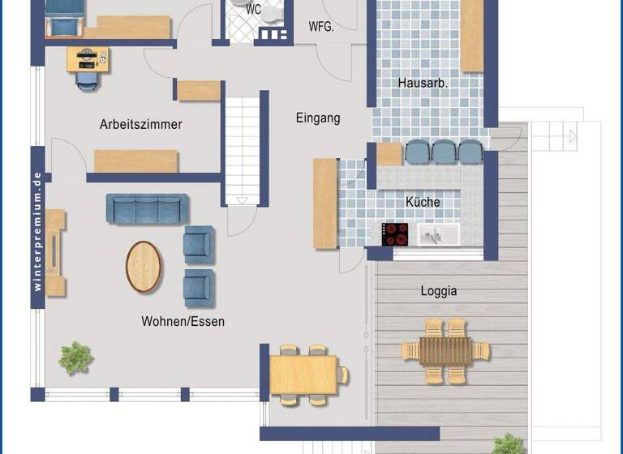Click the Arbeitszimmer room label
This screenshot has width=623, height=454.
click(140, 125)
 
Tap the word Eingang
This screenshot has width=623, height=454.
click(317, 118)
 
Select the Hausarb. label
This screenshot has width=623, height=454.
click(423, 83)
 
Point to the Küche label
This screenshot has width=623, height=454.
click(423, 202)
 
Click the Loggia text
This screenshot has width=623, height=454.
click(439, 290)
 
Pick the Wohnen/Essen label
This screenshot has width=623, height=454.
click(183, 322)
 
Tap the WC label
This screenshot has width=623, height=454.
click(253, 11)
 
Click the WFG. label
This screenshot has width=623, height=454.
click(321, 26)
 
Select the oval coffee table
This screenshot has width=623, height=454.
click(144, 266)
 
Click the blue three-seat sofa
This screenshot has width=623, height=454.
click(147, 208)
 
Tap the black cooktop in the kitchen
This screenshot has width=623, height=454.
click(396, 234)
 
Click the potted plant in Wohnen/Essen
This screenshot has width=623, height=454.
click(76, 357)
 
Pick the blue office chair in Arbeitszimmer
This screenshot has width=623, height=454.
click(87, 80)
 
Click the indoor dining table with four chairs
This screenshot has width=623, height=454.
click(303, 375)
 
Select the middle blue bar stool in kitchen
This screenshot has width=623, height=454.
click(444, 151)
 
